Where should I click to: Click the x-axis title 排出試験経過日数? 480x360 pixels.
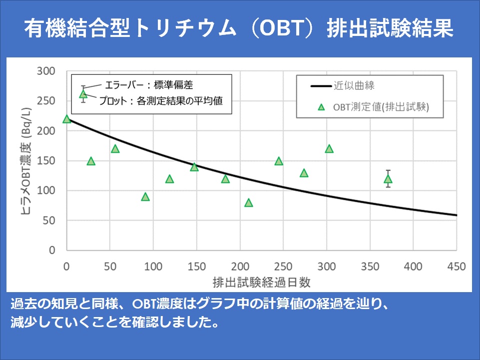click(x=262, y=282)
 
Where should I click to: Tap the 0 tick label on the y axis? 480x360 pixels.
click(x=52, y=250)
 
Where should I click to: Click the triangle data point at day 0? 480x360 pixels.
click(x=67, y=119)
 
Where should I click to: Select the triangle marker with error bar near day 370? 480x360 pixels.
click(x=388, y=179)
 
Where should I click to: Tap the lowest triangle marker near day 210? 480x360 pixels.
click(x=249, y=203)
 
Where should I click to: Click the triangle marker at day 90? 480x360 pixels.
click(x=145, y=197)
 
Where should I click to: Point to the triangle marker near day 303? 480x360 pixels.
click(x=329, y=149)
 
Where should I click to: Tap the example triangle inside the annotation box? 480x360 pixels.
click(x=83, y=94)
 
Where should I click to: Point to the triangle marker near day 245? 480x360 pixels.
click(x=279, y=161)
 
